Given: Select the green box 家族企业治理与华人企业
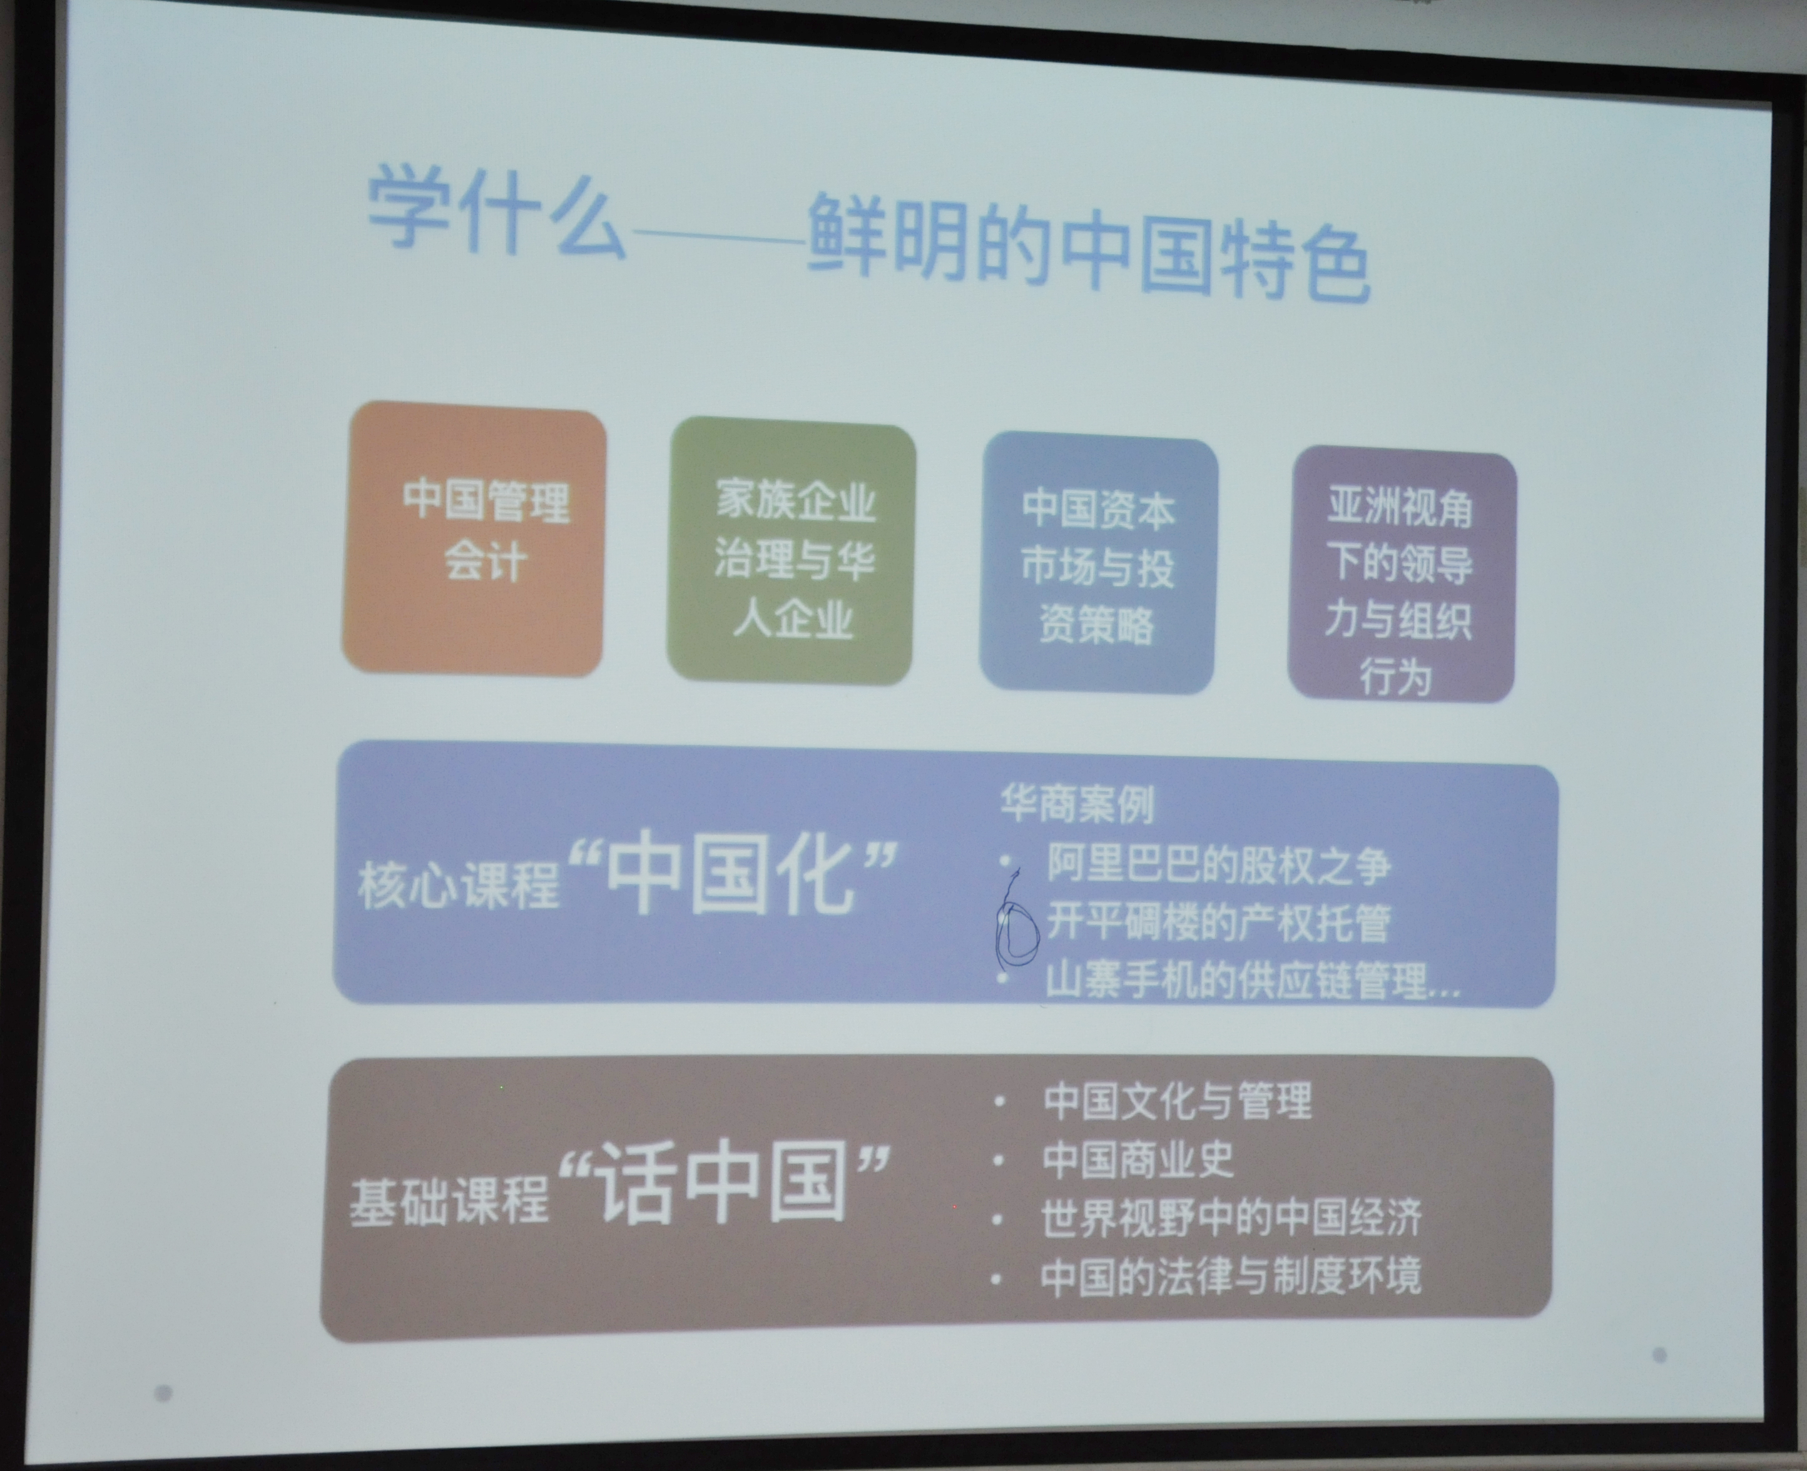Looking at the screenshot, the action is (x=792, y=552).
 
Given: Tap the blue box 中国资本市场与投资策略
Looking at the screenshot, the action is (x=1099, y=564).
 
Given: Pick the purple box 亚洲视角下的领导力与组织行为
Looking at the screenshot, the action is (x=1402, y=576).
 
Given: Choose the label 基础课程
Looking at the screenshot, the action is (x=450, y=1199).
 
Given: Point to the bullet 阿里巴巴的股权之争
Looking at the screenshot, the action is (x=1218, y=865).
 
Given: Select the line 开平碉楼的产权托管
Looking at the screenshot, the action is (x=1218, y=922).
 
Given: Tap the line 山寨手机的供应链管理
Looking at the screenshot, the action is (x=1252, y=981).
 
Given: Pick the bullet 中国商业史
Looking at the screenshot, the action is (x=1138, y=1159).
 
